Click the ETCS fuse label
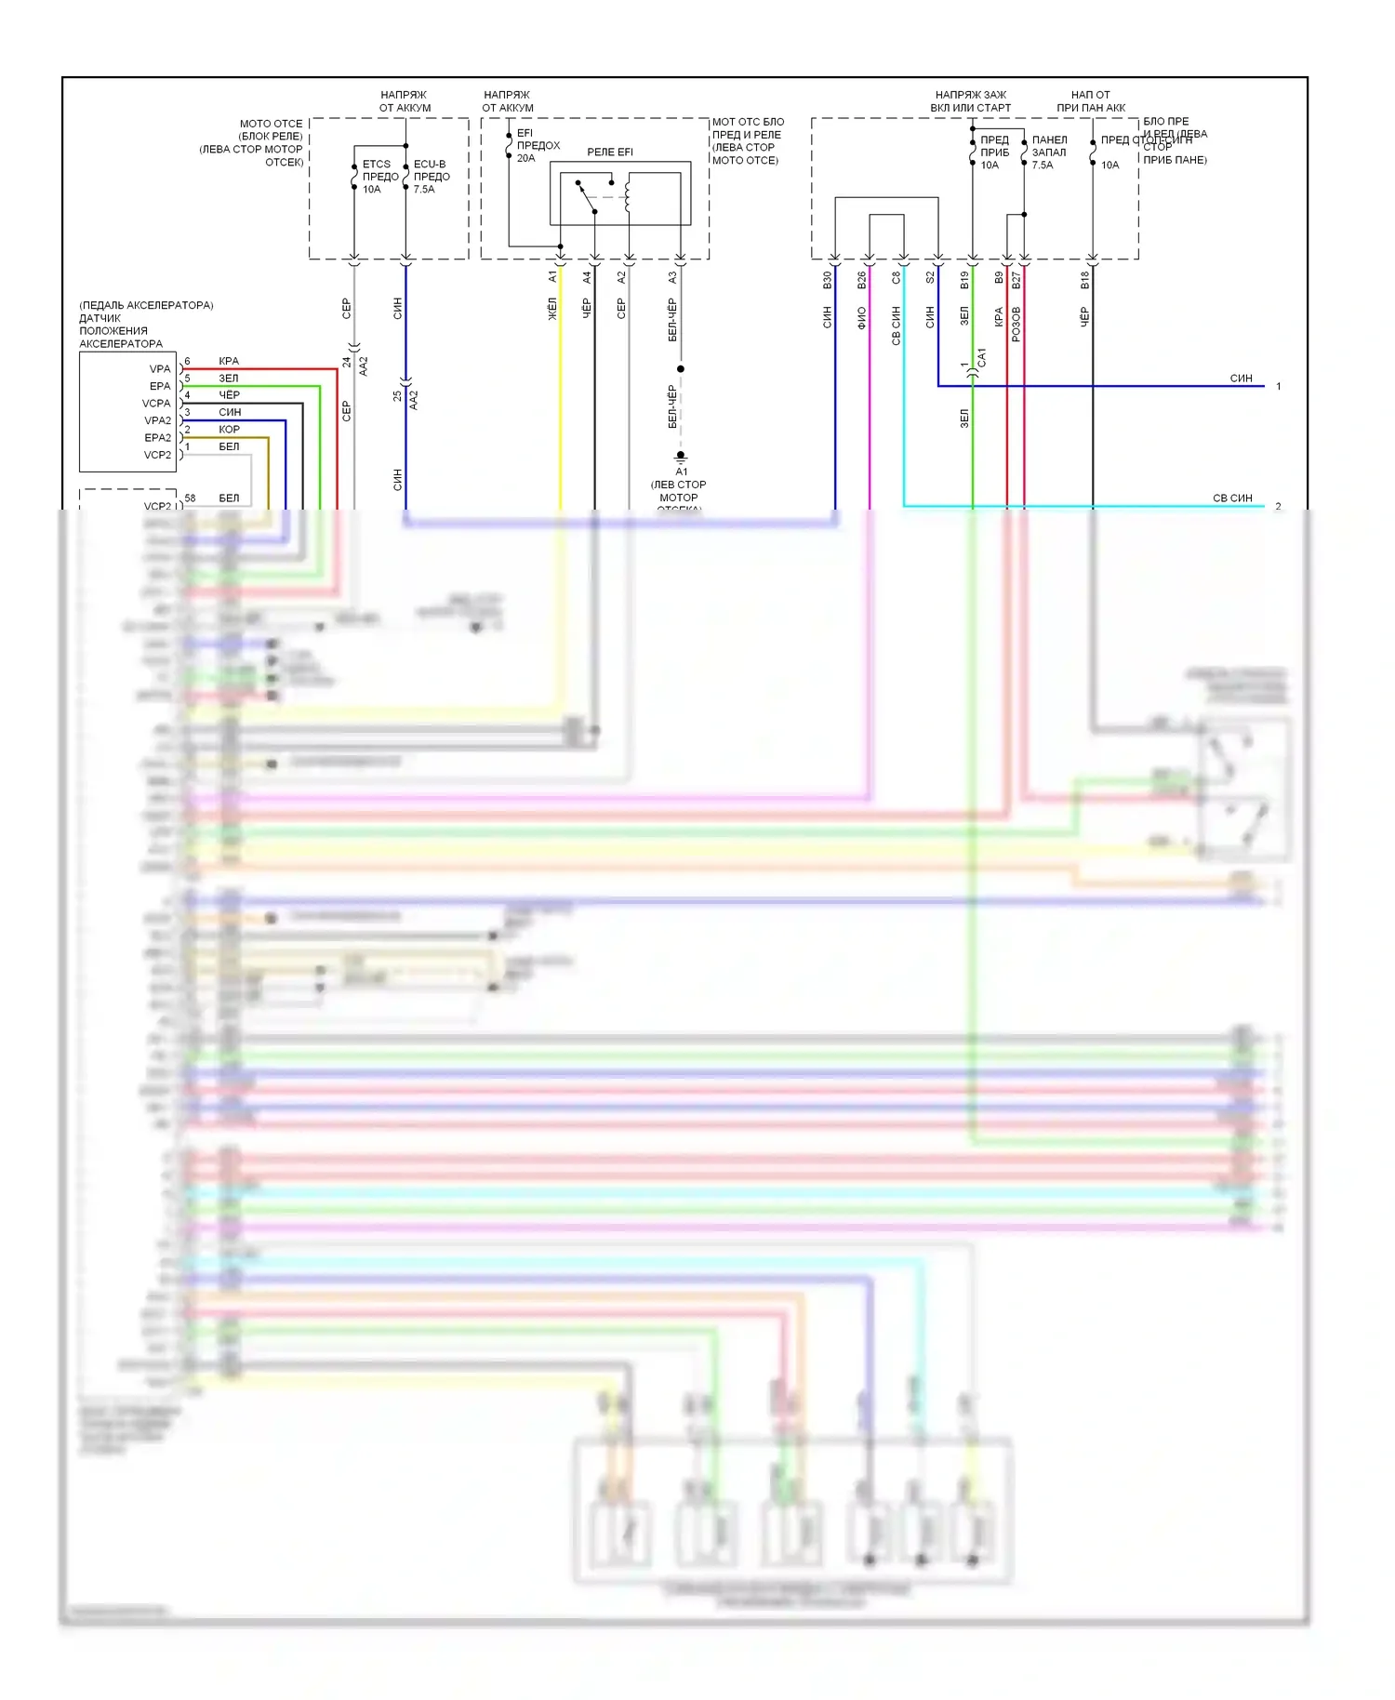(x=379, y=176)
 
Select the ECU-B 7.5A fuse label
(x=431, y=176)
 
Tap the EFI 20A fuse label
(x=538, y=145)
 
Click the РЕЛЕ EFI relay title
(x=609, y=152)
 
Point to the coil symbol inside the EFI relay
(x=628, y=196)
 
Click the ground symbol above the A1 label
(x=681, y=456)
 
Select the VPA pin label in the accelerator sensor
(x=160, y=369)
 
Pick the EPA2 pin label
(x=157, y=438)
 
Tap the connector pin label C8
(x=897, y=277)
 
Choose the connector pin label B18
(x=1085, y=279)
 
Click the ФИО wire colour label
(x=862, y=318)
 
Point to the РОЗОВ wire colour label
(x=1016, y=324)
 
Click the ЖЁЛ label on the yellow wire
(x=552, y=309)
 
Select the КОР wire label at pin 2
(x=229, y=430)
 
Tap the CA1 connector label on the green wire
(x=982, y=356)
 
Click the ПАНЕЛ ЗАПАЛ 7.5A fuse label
(x=1048, y=153)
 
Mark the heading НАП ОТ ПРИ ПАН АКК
(x=1090, y=101)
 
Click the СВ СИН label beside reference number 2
(x=1232, y=498)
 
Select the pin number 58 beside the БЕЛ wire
(x=190, y=498)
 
